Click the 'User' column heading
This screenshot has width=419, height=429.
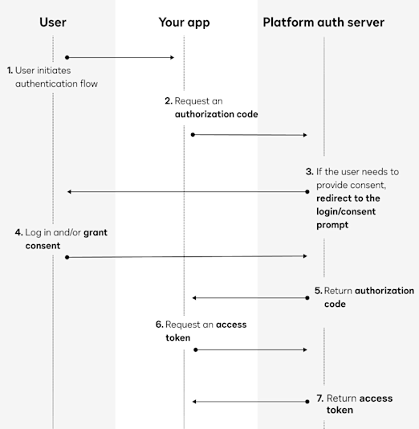pos(53,22)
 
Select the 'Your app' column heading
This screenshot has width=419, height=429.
pos(184,22)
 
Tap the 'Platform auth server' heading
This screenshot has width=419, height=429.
pos(323,22)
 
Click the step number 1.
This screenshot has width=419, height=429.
pos(10,70)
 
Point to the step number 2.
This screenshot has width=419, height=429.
pos(169,100)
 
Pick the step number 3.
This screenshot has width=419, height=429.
pos(309,171)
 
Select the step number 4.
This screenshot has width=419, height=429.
pos(18,231)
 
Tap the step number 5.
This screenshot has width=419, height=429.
pos(318,291)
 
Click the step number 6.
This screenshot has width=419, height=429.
pos(160,325)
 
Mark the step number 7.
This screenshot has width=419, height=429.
pos(319,398)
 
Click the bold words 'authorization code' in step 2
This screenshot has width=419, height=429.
pos(217,114)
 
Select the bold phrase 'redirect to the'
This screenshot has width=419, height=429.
pos(344,198)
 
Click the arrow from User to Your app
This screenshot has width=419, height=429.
pos(120,57)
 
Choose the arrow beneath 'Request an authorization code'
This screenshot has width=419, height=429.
pos(250,134)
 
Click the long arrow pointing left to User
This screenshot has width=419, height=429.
pos(188,192)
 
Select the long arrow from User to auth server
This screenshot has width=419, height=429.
pos(187,256)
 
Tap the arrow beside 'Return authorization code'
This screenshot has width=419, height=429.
pos(250,298)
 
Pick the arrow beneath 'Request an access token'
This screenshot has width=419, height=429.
pos(250,349)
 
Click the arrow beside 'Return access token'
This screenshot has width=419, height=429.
pos(250,401)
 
